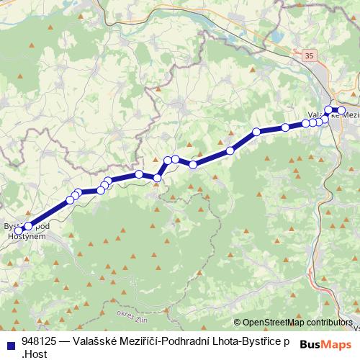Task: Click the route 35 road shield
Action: [310, 55]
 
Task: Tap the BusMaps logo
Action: [325, 343]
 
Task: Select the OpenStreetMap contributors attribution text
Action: [297, 323]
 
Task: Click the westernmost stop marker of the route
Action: [19, 230]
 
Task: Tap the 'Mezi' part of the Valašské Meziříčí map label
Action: [348, 115]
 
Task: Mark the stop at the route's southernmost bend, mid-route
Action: [157, 177]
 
